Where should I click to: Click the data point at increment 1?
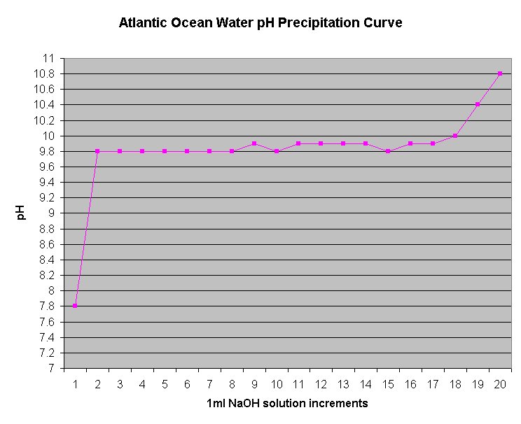click(x=75, y=306)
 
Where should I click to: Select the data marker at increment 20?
click(x=500, y=73)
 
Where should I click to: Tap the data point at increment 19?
click(x=478, y=104)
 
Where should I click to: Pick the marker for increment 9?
click(x=254, y=143)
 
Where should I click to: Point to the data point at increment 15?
click(x=388, y=151)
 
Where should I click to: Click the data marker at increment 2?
click(x=97, y=151)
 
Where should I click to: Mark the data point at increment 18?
click(x=455, y=136)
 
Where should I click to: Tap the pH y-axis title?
click(x=21, y=213)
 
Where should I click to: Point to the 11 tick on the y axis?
click(x=48, y=58)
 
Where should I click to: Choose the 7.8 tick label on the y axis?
click(x=46, y=306)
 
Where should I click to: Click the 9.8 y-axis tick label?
click(x=46, y=151)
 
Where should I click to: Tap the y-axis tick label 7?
click(x=51, y=368)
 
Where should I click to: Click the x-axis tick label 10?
click(x=276, y=384)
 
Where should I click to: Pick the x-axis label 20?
click(x=500, y=384)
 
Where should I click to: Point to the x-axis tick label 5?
click(x=165, y=384)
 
